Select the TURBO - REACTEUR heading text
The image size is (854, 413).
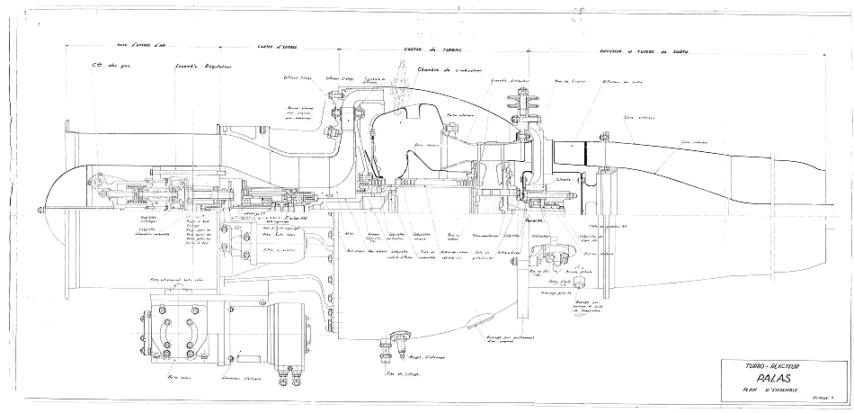(x=772, y=366)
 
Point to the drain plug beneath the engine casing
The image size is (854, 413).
(x=396, y=341)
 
